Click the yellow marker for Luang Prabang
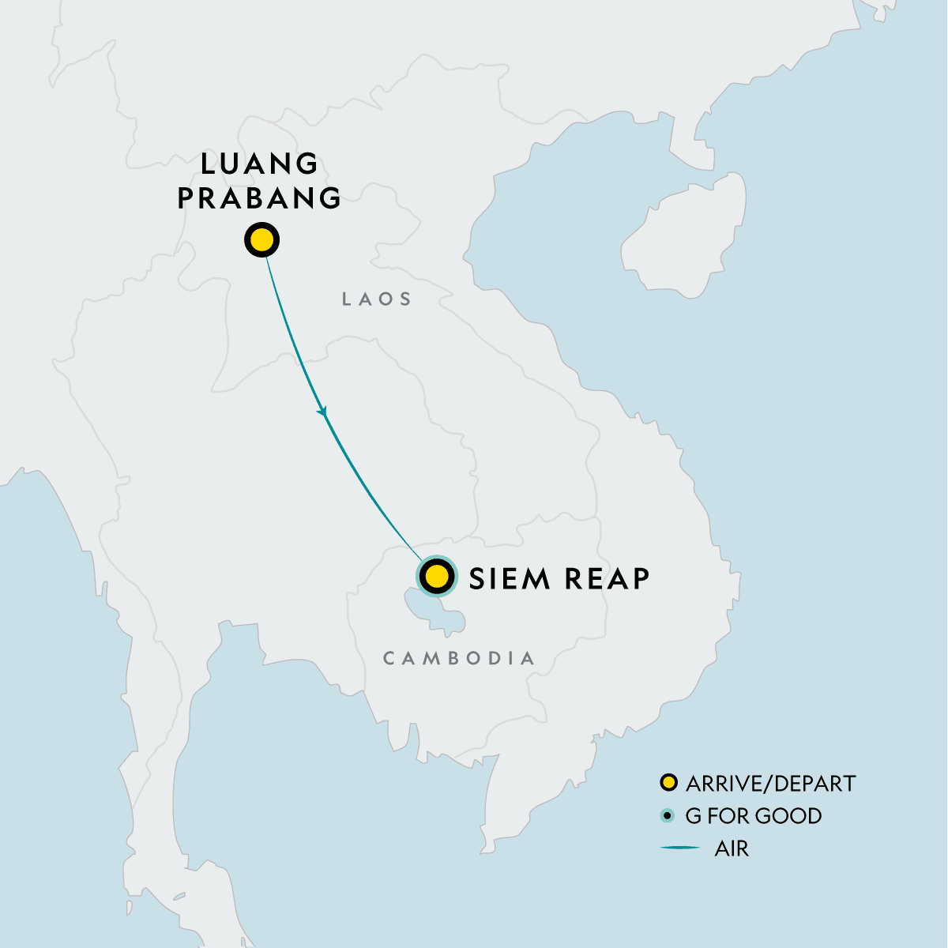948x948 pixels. point(262,239)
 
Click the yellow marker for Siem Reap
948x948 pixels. point(437,577)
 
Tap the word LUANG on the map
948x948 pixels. point(259,164)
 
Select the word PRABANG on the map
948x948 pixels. point(259,197)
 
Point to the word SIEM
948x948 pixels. point(509,578)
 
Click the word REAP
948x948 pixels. point(606,578)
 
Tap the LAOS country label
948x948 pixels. point(377,299)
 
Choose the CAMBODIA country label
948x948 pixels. point(459,658)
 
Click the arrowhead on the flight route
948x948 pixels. point(322,412)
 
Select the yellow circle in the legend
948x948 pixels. point(669,783)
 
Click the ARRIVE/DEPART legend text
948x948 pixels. point(770,784)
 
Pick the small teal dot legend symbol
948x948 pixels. point(669,815)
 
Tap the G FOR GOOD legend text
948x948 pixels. point(753,816)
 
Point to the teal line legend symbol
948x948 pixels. point(680,848)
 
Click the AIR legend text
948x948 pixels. point(732,849)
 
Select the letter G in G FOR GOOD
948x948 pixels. point(693,816)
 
